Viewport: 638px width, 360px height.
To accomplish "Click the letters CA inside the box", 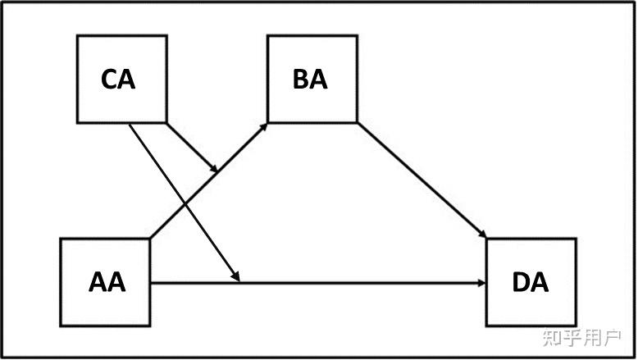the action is click(x=119, y=80).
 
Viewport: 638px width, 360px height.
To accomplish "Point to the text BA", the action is click(x=310, y=80).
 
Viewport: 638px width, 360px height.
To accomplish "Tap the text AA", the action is click(x=107, y=283).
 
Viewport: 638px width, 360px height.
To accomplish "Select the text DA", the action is click(x=531, y=283).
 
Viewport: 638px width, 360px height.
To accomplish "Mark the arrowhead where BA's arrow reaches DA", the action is click(x=482, y=235).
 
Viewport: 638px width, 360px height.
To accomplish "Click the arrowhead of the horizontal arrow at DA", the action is click(x=481, y=284).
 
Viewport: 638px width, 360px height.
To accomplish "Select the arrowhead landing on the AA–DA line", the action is click(x=237, y=278).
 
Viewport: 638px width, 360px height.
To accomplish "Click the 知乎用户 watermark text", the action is click(x=581, y=337).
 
